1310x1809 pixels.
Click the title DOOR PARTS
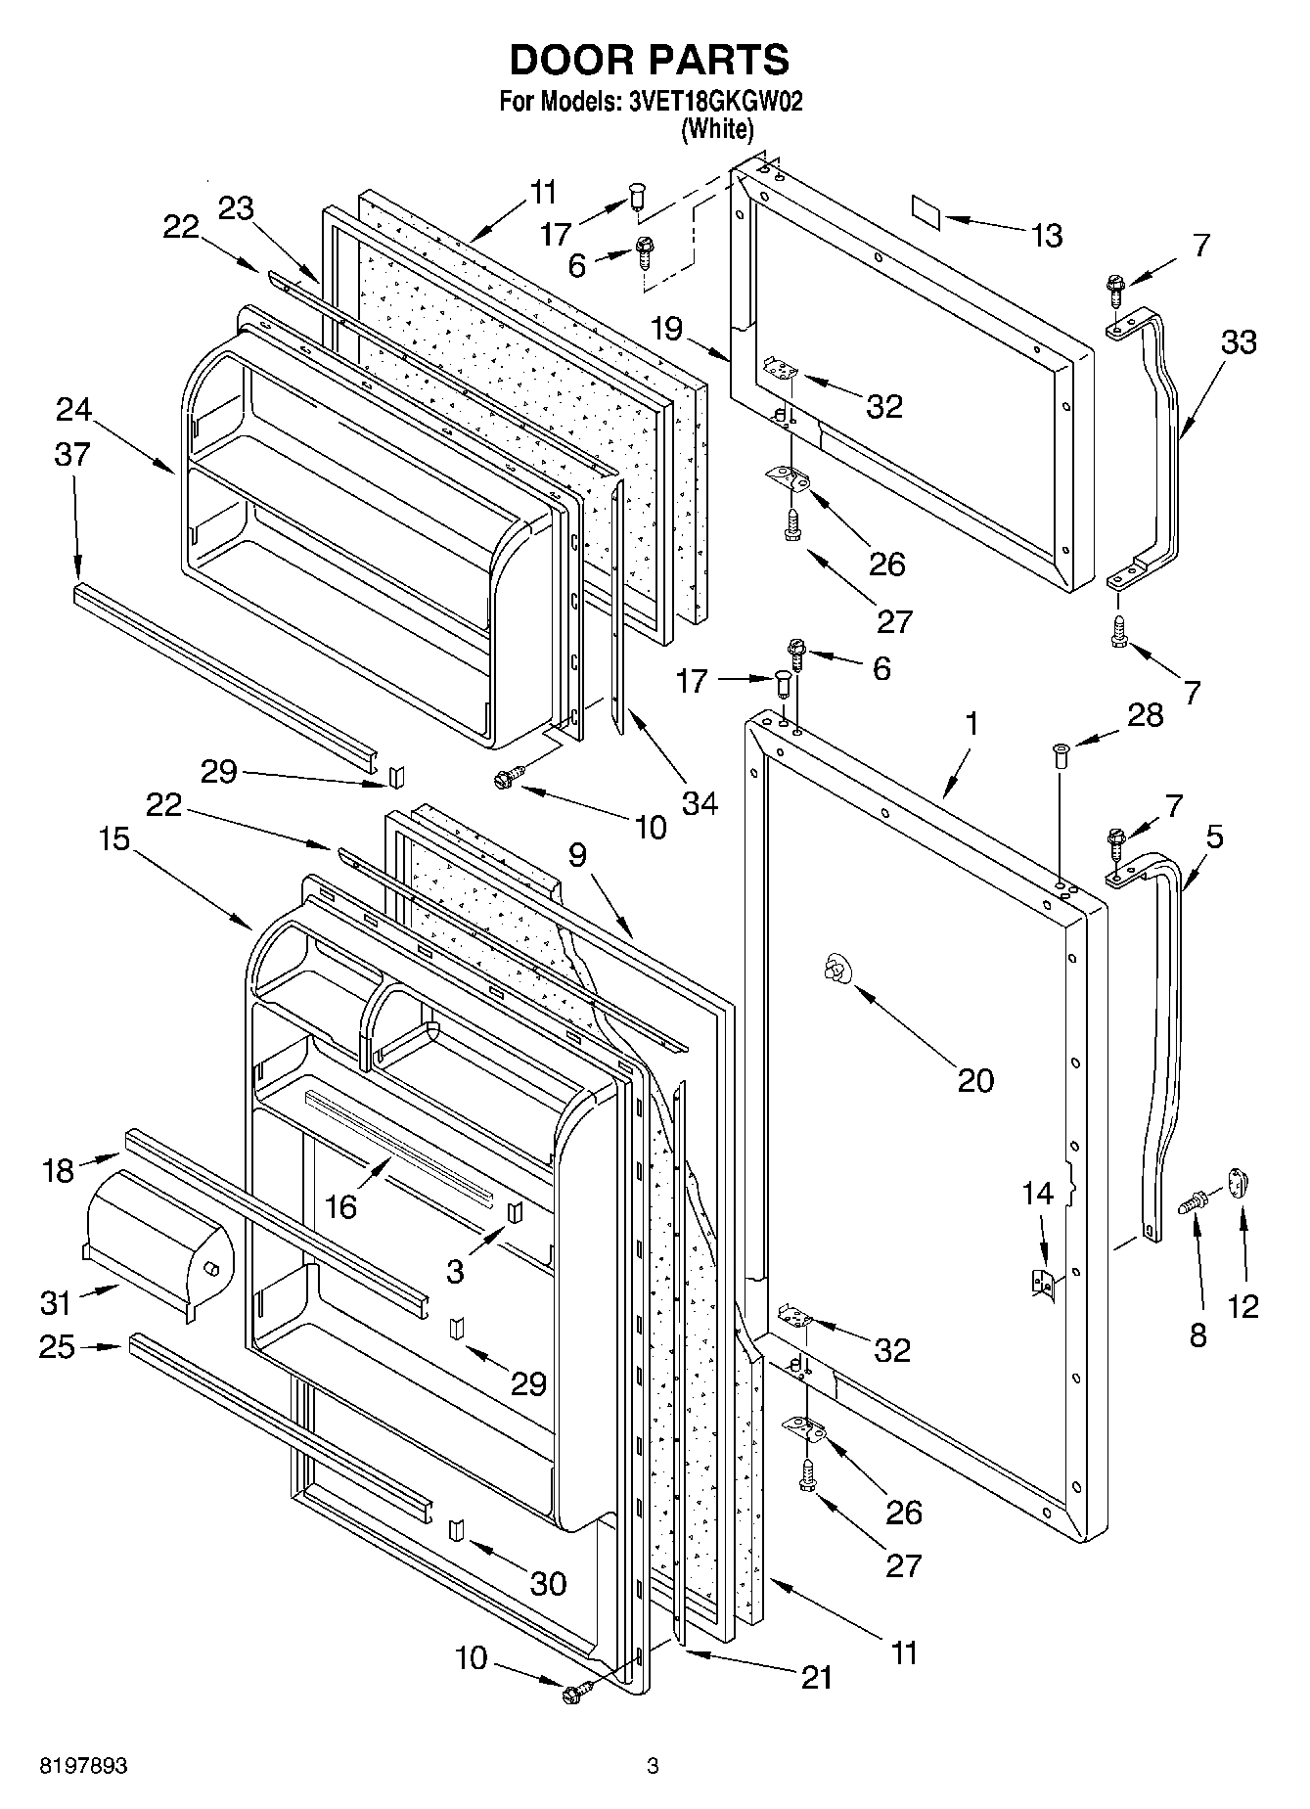tap(650, 60)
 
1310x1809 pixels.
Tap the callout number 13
tap(1046, 236)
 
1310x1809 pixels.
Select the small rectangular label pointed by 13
tap(926, 211)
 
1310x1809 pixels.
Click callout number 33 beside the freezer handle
tap(1238, 343)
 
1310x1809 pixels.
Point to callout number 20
tap(974, 1080)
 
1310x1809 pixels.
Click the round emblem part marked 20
tap(836, 970)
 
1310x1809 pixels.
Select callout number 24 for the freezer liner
tap(73, 409)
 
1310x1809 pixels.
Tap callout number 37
tap(72, 454)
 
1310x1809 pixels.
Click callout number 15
tap(114, 838)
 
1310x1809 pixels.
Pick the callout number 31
tap(56, 1302)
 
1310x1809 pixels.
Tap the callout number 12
tap(1242, 1305)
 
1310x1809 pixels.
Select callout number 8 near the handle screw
tap(1197, 1334)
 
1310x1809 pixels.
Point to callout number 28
tap(1144, 715)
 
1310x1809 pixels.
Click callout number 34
tap(699, 803)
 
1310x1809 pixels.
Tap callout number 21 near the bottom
tap(816, 1677)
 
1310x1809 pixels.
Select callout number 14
tap(1037, 1193)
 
